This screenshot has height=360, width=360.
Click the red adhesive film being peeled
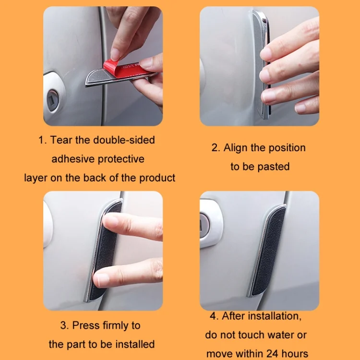pos(125,69)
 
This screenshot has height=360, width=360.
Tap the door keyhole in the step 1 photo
pos(53,100)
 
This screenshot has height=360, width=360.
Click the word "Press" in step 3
pos(86,325)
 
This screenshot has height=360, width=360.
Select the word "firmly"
pos(116,326)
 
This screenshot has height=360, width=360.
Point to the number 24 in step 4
pos(272,354)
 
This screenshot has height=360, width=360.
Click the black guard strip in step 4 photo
pos(269,251)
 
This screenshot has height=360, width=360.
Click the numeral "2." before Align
pos(216,148)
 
